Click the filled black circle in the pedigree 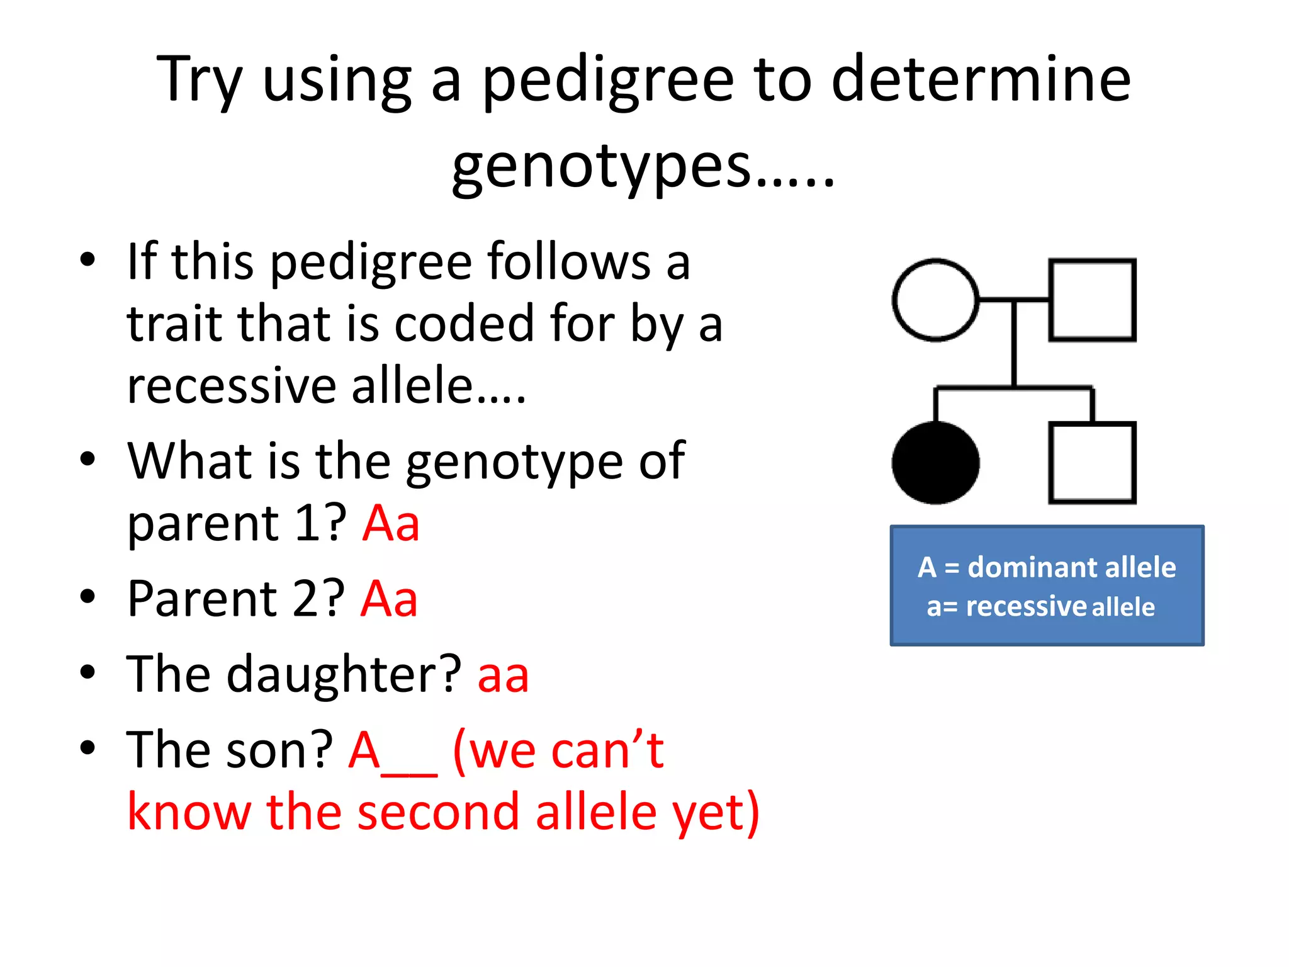[x=935, y=463]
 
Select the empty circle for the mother [x=935, y=300]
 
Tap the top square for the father [x=1092, y=300]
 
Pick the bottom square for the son [x=1092, y=463]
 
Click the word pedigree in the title [x=607, y=82]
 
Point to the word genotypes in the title [x=601, y=167]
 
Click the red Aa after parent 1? [x=391, y=523]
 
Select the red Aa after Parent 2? [x=389, y=599]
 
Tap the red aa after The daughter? [x=503, y=675]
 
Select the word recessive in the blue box [x=1025, y=607]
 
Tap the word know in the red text [x=189, y=811]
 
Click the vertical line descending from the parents [x=1014, y=343]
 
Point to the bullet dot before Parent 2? [x=87, y=597]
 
